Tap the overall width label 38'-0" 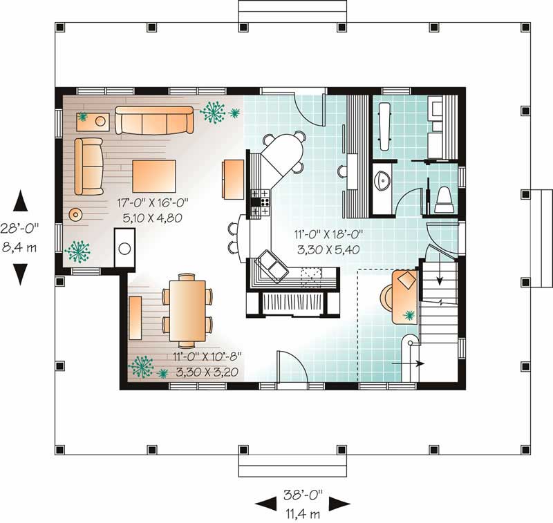302,495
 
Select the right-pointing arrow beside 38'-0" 339,504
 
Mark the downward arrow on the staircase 440,279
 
